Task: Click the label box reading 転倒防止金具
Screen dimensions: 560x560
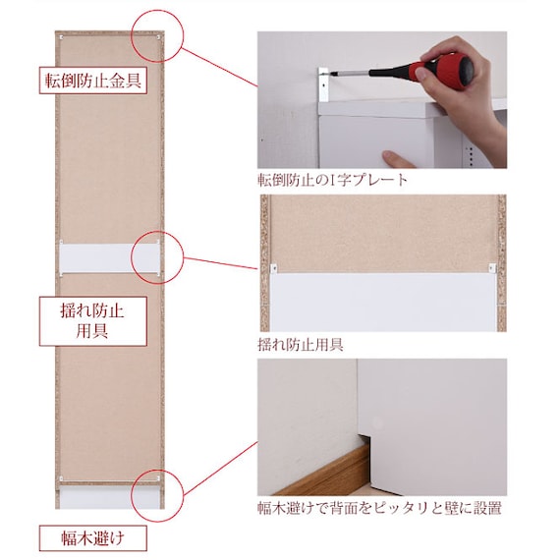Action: click(x=93, y=81)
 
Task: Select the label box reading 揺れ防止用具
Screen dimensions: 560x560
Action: click(x=93, y=321)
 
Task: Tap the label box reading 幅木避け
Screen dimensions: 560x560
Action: click(x=93, y=537)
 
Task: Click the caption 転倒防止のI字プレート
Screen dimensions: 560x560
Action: click(x=332, y=180)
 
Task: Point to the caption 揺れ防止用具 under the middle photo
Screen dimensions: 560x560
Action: click(x=301, y=345)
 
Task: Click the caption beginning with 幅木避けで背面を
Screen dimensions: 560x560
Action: click(x=379, y=508)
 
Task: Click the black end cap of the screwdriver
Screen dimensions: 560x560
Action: click(x=466, y=69)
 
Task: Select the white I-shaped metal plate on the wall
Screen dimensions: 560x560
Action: click(x=323, y=84)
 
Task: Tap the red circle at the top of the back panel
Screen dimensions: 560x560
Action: click(x=157, y=35)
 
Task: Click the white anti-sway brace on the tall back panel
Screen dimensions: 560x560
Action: click(x=109, y=258)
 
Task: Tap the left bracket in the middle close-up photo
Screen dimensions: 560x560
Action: click(x=274, y=268)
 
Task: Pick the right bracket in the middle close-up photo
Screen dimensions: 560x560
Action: click(x=492, y=268)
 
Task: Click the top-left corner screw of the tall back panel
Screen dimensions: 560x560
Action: click(x=62, y=36)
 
